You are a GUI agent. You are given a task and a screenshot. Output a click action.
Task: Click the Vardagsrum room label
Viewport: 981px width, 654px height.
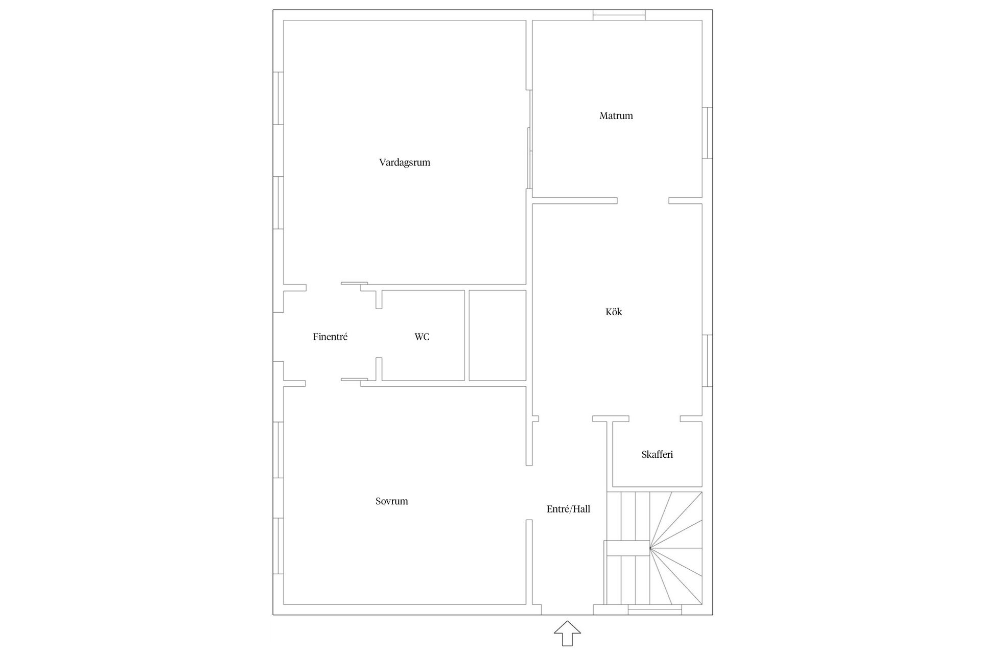[x=405, y=162]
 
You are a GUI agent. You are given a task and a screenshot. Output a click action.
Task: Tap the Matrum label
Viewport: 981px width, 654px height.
[x=616, y=116]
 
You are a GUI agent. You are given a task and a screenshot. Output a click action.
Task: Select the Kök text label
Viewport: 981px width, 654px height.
[x=614, y=312]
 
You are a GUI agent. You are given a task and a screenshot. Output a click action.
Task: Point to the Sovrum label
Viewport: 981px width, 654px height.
[x=392, y=501]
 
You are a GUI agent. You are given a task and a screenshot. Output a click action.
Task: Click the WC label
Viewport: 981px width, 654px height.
[x=422, y=337]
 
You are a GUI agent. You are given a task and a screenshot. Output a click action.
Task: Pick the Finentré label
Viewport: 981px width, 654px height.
[x=330, y=337]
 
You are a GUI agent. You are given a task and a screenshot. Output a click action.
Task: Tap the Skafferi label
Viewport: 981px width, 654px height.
[x=657, y=454]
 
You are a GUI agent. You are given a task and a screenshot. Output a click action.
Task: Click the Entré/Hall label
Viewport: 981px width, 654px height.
[x=568, y=509]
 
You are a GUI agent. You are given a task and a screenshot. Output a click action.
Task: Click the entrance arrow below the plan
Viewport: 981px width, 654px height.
[x=567, y=633]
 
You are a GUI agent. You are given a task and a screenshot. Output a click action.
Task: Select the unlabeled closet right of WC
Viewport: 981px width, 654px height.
[x=498, y=335]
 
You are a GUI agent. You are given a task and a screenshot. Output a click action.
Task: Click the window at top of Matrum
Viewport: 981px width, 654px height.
[x=619, y=15]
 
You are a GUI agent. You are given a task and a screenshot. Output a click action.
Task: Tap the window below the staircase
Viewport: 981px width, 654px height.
[x=655, y=609]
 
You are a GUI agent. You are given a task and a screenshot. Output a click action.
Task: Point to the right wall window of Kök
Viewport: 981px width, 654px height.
[x=707, y=361]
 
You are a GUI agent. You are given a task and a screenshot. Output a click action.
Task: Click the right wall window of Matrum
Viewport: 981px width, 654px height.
[x=707, y=133]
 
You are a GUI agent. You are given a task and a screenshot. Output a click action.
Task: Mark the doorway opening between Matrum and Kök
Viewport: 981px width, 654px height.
[x=643, y=201]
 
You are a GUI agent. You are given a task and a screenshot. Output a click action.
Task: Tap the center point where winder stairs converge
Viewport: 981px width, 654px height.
[x=650, y=548]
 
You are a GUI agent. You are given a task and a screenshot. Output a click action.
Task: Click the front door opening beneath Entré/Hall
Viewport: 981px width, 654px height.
[x=567, y=610]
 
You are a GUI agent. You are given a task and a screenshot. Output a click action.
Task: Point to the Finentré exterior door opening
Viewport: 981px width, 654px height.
[x=278, y=337]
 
